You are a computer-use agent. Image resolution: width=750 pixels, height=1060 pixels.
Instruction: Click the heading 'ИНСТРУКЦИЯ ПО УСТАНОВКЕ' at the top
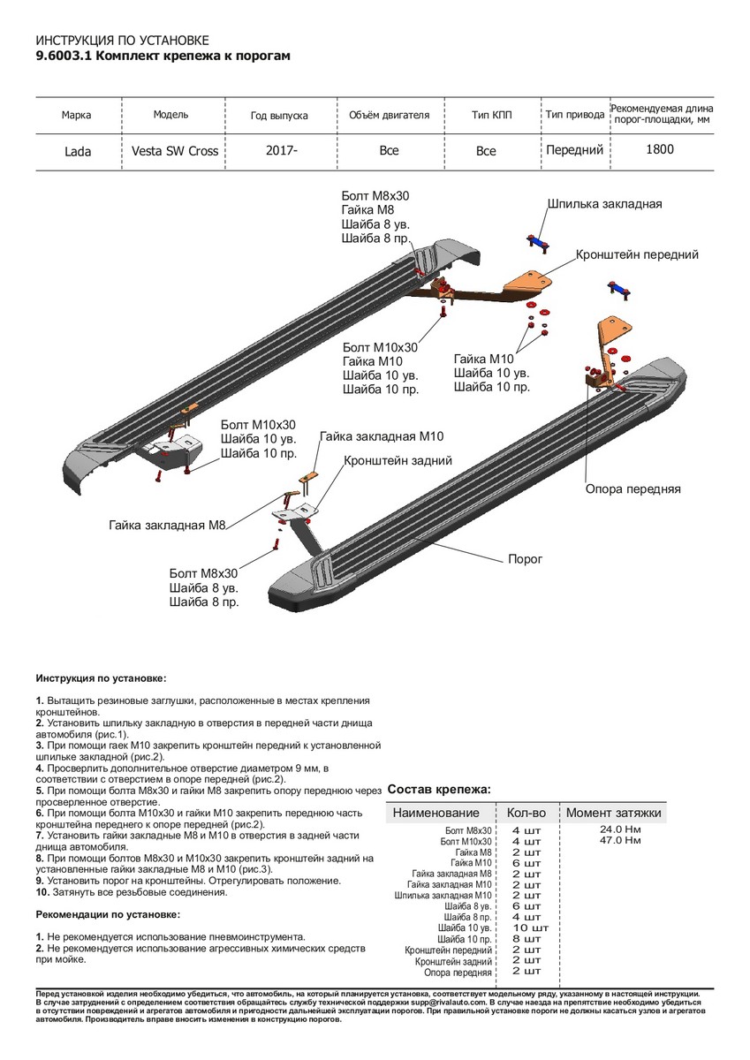[122, 41]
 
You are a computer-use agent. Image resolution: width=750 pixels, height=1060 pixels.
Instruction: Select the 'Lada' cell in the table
[77, 151]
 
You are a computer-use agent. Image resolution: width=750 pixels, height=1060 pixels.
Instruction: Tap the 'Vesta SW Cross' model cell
[175, 151]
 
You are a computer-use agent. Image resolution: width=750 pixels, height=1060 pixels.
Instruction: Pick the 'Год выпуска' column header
[279, 116]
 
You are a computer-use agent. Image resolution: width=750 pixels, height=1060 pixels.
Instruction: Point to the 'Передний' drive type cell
[574, 150]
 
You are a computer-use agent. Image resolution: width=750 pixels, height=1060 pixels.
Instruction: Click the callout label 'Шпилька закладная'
[604, 204]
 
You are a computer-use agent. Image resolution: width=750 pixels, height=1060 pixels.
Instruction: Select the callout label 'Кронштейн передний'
[637, 254]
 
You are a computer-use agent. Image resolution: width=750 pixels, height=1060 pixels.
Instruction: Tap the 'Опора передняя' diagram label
[633, 488]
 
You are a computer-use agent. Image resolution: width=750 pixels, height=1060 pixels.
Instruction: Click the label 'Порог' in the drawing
[525, 559]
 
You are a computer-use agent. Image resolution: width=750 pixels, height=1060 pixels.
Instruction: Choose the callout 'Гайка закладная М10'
[382, 436]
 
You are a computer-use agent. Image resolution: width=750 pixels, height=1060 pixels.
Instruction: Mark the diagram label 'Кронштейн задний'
[398, 461]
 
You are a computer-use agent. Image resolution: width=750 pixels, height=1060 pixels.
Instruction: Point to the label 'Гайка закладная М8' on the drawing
[169, 525]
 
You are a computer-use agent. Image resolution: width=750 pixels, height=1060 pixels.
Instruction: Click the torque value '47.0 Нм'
[620, 840]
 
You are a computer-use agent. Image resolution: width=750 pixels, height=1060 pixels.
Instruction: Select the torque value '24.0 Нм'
[620, 829]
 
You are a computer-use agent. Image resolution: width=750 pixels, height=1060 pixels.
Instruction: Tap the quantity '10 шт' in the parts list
[530, 928]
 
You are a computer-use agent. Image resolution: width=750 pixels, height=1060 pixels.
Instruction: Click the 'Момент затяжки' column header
[613, 813]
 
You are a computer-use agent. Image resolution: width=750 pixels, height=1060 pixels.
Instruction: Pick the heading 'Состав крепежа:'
[439, 789]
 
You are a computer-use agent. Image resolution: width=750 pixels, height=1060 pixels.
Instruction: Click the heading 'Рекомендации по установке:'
[108, 914]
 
